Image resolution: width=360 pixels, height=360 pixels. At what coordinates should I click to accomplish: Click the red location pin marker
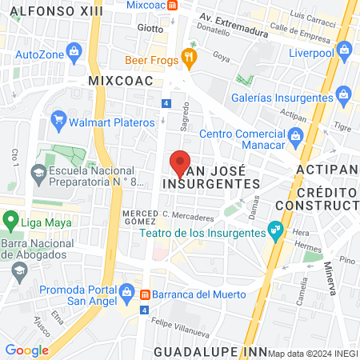coord(180,163)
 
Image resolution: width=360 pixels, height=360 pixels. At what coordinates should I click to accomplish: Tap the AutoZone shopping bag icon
coord(74,54)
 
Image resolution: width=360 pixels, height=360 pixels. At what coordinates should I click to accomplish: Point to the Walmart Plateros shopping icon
coord(58,122)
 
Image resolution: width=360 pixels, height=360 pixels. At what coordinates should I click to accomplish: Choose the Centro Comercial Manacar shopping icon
coord(295,134)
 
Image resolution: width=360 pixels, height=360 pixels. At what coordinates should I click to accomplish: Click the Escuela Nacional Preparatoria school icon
coord(38,171)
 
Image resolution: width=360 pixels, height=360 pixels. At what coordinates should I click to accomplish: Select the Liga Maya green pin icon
coord(10,218)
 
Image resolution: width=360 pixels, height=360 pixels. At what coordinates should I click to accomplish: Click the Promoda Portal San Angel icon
coord(126,291)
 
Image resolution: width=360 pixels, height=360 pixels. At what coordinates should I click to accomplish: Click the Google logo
coord(26,350)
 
